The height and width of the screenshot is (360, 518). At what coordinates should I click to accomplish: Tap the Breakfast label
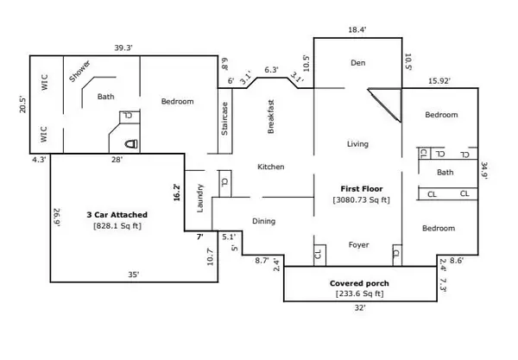pos(270,116)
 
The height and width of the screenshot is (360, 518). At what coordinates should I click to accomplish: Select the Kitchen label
pos(271,167)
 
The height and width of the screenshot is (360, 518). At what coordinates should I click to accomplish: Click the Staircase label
pos(225,119)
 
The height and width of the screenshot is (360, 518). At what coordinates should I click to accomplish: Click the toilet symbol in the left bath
pos(128,140)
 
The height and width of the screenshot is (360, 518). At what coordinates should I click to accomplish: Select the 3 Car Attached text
pos(117,214)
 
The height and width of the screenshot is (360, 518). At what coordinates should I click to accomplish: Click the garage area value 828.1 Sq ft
pos(117,226)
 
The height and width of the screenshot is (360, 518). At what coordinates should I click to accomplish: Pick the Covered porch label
pos(359,283)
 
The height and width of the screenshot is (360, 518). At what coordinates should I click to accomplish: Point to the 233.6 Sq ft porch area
pos(359,294)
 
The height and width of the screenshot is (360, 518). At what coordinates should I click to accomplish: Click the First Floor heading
pos(361,188)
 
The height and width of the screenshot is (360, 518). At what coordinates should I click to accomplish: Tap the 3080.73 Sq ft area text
pos(361,200)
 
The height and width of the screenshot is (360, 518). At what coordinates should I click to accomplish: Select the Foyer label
pos(357,245)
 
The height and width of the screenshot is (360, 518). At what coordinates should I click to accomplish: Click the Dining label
pos(264,222)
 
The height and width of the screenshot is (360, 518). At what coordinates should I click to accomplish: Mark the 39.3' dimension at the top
pos(127,48)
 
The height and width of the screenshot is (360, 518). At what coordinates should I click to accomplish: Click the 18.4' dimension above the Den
pos(357,29)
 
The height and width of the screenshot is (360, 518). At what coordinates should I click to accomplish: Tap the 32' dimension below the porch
pos(359,308)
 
